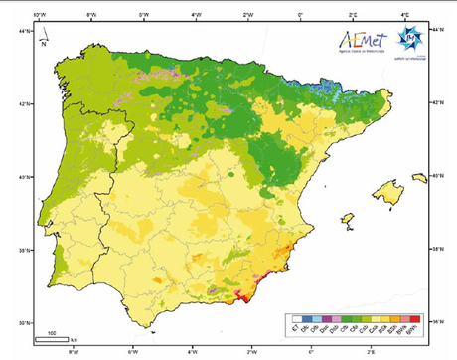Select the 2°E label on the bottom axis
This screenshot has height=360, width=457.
(370, 351)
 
